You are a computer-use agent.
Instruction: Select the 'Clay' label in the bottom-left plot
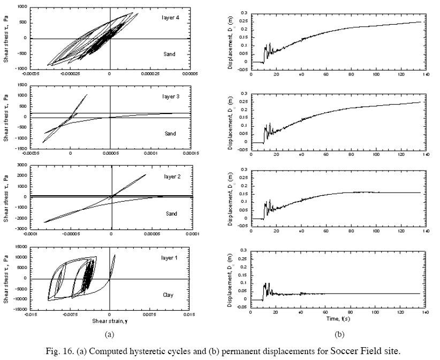tap(169, 295)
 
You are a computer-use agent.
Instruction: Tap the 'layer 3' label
tap(170, 96)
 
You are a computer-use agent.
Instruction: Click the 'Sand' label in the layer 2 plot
tap(170, 213)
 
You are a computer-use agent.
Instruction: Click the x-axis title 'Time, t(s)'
tap(338, 319)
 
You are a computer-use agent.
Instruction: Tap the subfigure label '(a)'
tap(110, 334)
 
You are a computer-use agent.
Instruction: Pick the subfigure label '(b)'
tap(339, 334)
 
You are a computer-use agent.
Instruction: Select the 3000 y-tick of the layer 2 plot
tap(22, 165)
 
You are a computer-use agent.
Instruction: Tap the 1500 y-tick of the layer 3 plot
tap(22, 85)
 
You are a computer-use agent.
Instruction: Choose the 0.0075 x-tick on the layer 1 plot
tap(149, 315)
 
